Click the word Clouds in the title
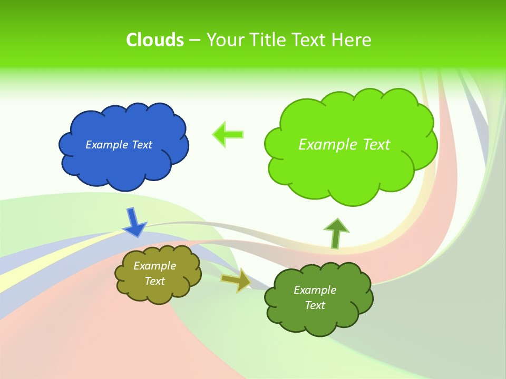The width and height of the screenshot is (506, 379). tap(155, 40)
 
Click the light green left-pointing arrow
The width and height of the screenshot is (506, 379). tap(228, 134)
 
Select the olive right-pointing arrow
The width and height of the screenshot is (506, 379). tap(237, 280)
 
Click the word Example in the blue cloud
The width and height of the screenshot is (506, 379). tap(107, 145)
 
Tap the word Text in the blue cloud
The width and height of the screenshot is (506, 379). tap(142, 145)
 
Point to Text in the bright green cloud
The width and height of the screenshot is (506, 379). tap(376, 145)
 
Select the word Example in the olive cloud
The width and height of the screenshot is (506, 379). tap(154, 266)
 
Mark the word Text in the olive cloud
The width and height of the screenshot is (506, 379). tap(154, 281)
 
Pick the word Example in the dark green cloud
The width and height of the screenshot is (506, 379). tap(315, 290)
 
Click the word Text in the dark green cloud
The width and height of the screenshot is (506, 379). tap(315, 305)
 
